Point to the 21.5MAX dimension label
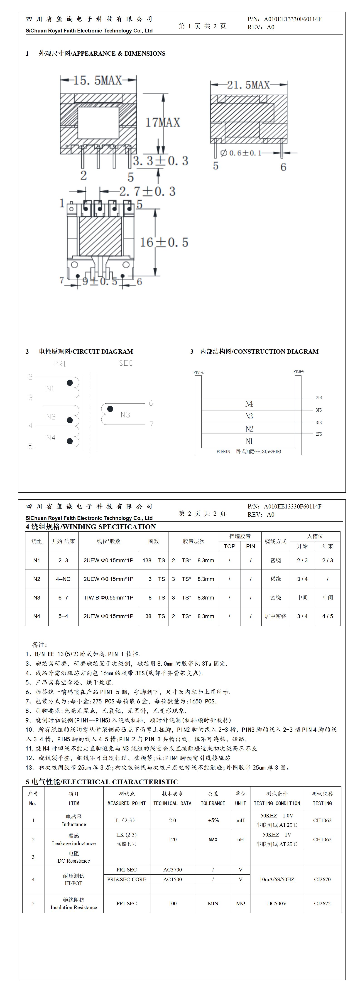tap(248, 85)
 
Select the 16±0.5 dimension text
tap(164, 242)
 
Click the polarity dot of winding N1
tap(70, 383)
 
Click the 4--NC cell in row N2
tap(63, 579)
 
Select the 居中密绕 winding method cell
tap(275, 616)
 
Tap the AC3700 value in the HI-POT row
tap(172, 870)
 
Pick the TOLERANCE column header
tap(213, 803)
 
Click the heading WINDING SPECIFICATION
tap(91, 527)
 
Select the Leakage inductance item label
tap(73, 843)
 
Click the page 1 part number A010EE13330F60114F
tap(293, 19)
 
